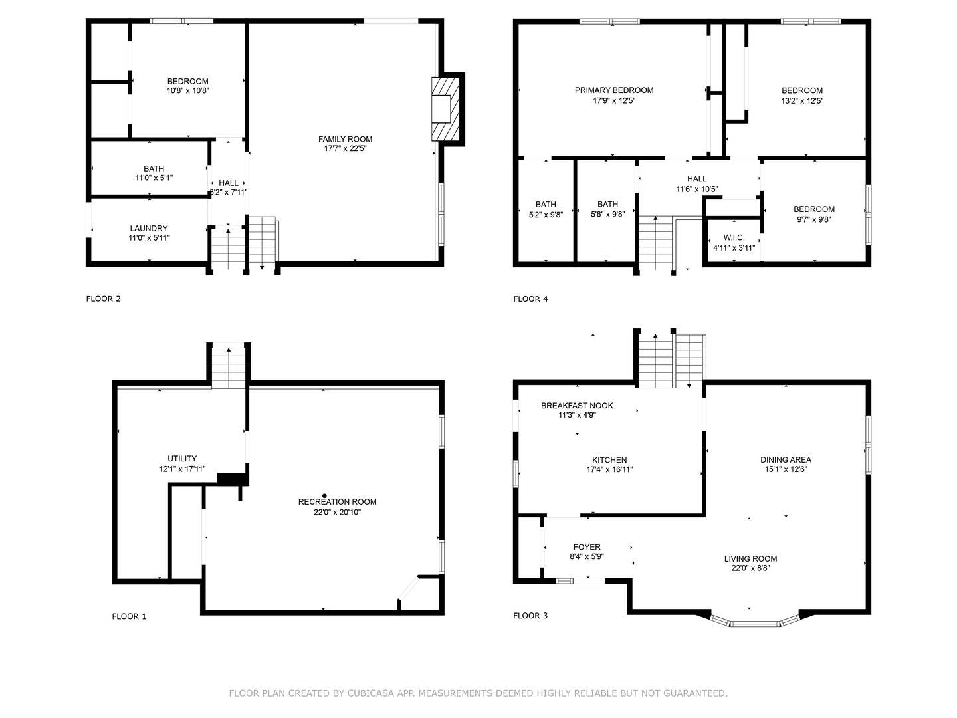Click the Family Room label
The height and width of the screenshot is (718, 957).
click(x=345, y=139)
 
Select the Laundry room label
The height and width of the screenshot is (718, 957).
click(x=149, y=228)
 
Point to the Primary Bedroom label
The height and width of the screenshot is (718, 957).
click(x=614, y=90)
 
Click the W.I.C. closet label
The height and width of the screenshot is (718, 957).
click(x=734, y=237)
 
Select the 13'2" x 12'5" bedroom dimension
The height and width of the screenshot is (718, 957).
click(x=802, y=101)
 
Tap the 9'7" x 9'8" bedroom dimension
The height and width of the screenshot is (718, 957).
click(x=813, y=219)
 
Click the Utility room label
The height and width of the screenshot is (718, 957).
click(x=182, y=458)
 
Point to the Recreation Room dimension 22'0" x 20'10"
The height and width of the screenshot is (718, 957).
click(x=338, y=513)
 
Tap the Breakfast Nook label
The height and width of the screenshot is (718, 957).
click(x=577, y=405)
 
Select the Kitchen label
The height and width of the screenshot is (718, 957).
click(x=609, y=459)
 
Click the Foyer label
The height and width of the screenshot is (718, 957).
click(x=587, y=547)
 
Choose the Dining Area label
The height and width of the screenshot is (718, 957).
click(x=786, y=459)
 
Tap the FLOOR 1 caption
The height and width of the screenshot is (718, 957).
click(x=129, y=616)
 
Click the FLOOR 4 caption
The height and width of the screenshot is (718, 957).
click(x=530, y=299)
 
